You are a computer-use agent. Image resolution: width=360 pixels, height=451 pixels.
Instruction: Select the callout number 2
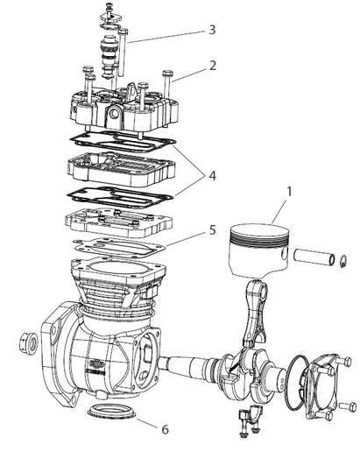click(x=212, y=65)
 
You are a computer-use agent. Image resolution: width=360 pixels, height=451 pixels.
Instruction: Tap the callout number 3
click(x=211, y=29)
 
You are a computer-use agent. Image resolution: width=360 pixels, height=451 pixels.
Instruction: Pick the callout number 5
click(x=212, y=232)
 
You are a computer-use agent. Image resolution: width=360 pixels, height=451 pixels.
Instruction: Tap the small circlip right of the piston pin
click(x=343, y=259)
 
